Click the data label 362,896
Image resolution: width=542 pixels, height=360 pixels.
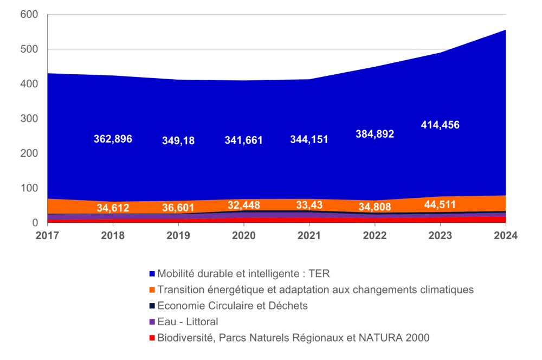(x=113, y=139)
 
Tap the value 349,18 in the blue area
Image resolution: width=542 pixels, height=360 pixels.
(x=178, y=141)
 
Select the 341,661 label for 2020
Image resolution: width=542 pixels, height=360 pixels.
(x=244, y=140)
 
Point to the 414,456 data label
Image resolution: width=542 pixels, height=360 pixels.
(x=440, y=125)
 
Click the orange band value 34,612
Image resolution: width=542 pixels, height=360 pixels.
(x=113, y=208)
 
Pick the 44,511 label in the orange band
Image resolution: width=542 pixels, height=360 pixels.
(x=440, y=204)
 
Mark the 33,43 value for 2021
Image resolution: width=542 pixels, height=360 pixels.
(x=309, y=205)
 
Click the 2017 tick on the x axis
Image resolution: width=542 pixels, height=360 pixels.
(x=47, y=236)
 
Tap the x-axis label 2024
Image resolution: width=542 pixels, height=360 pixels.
(x=506, y=236)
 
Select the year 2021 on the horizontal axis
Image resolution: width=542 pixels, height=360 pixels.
(x=309, y=236)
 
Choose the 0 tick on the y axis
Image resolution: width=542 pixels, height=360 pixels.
(x=35, y=223)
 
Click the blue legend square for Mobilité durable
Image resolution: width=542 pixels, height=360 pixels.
(x=152, y=274)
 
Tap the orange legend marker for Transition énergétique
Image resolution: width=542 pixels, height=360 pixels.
(x=152, y=290)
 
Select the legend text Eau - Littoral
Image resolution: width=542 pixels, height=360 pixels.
(x=188, y=322)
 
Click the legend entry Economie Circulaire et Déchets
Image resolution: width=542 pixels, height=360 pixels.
(x=233, y=306)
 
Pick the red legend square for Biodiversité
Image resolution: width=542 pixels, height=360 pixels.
(x=152, y=338)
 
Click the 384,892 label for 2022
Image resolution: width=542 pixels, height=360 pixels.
(x=375, y=134)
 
